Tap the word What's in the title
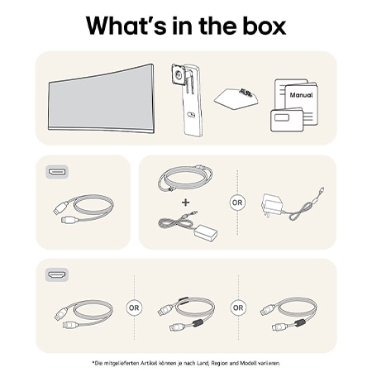pos(126,26)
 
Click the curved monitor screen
pos(101,98)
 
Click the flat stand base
pos(236,98)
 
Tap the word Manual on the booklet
pos(301,95)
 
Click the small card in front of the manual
pos(287,120)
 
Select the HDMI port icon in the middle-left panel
pos(57,172)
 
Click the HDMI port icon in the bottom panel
pos(57,274)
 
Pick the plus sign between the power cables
pos(186,203)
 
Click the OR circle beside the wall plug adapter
pos(237,203)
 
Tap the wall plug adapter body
pos(271,204)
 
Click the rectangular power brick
pos(206,232)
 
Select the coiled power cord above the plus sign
pos(185,178)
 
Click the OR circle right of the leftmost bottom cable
pos(134,308)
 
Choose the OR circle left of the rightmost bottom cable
pos(238,308)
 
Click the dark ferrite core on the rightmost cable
pos(300,322)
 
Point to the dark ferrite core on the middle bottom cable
pos(197,322)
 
